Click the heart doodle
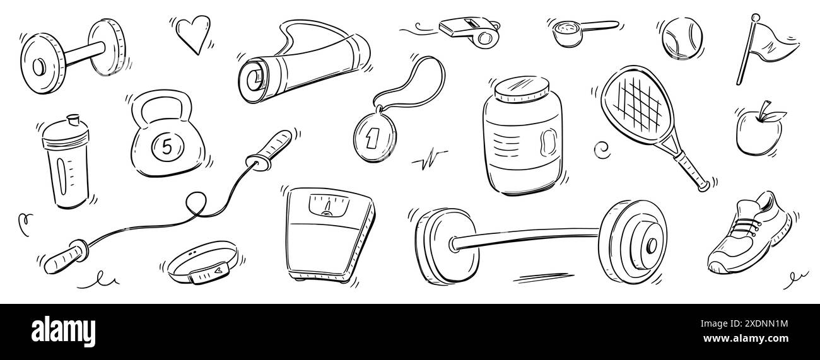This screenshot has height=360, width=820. tap(190, 33)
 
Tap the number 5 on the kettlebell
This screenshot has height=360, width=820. tap(167, 146)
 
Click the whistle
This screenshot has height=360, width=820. tap(469, 30)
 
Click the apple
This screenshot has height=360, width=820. tap(758, 131)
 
